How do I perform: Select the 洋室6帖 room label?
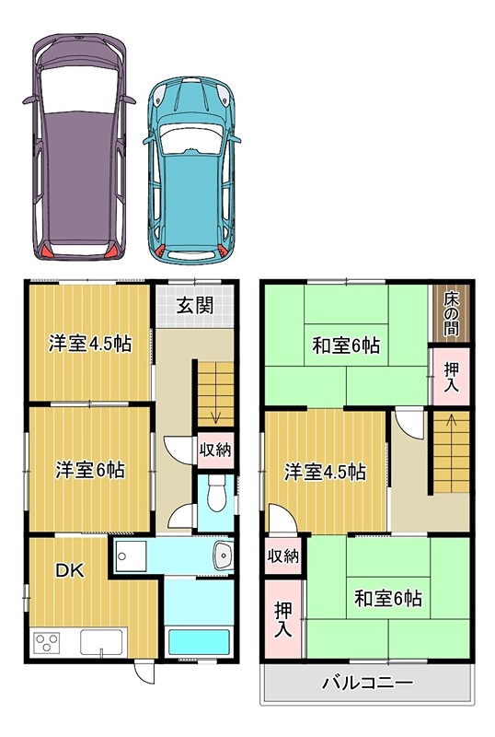pyautogui.click(x=89, y=470)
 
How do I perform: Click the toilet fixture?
pyautogui.click(x=213, y=494)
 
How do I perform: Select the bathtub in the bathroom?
pyautogui.click(x=198, y=641)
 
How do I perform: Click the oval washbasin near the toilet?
pyautogui.click(x=222, y=556)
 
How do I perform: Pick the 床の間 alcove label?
pyautogui.click(x=451, y=313)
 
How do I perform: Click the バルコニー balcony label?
pyautogui.click(x=367, y=684)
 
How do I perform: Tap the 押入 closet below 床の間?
pyautogui.click(x=451, y=378)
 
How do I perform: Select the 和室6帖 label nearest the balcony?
pyautogui.click(x=388, y=599)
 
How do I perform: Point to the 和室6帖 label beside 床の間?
pyautogui.click(x=346, y=346)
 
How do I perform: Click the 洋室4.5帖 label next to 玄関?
pyautogui.click(x=89, y=345)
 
